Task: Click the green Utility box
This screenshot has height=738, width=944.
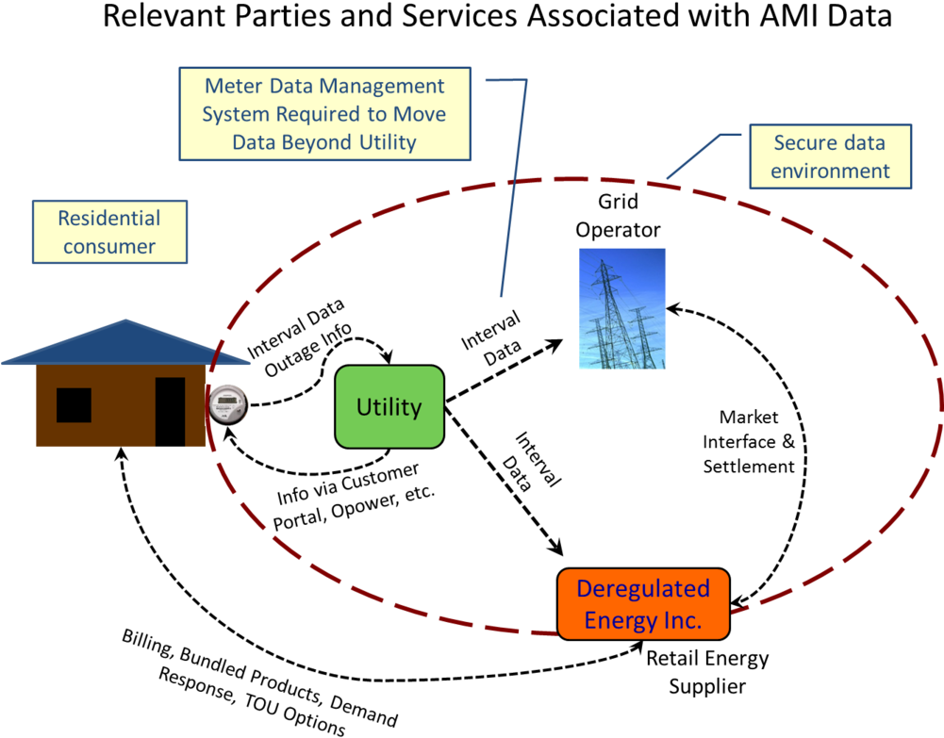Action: click(389, 406)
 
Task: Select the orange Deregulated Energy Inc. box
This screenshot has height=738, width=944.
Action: click(643, 604)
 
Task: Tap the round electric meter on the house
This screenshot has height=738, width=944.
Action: click(228, 404)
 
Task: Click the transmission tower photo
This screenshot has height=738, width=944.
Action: click(621, 308)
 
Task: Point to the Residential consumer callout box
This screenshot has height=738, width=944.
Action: click(109, 232)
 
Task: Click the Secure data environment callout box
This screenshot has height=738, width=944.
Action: click(830, 156)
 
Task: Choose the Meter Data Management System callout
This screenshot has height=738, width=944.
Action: click(324, 114)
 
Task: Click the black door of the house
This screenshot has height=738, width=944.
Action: click(170, 411)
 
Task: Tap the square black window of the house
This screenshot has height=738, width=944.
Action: click(75, 404)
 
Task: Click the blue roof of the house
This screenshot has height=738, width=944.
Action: click(125, 343)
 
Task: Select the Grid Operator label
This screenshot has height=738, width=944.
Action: click(618, 215)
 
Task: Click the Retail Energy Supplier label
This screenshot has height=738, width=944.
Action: click(707, 672)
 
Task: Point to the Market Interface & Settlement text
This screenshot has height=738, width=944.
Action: click(749, 441)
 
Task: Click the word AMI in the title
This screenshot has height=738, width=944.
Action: click(790, 16)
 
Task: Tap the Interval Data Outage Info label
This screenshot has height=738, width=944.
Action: click(299, 338)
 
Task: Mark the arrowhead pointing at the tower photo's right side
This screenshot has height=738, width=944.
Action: click(673, 309)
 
